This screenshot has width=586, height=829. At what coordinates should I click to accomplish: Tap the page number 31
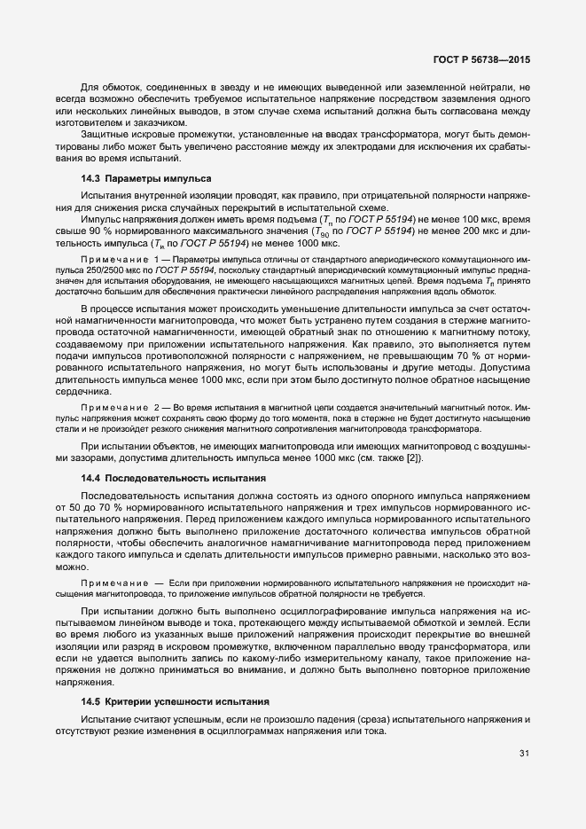524,754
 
